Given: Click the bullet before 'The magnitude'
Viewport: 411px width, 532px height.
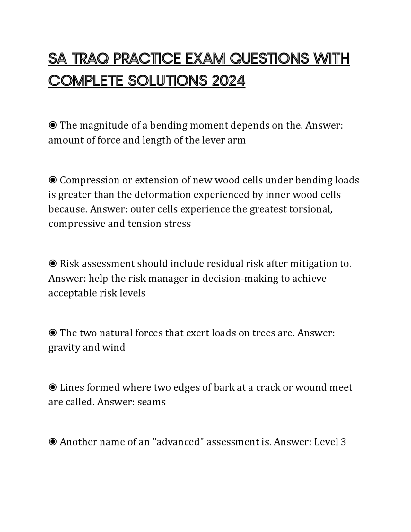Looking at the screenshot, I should pos(53,125).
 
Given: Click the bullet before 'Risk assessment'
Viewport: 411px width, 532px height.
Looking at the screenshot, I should pos(53,264).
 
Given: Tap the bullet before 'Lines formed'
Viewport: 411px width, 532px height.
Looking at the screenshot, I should pos(53,387).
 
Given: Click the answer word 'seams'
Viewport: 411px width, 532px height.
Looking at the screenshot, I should pos(151,402).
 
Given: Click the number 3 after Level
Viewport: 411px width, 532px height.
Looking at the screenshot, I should pos(343,442).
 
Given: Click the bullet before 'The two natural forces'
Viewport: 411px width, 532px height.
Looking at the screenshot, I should pos(53,333).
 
